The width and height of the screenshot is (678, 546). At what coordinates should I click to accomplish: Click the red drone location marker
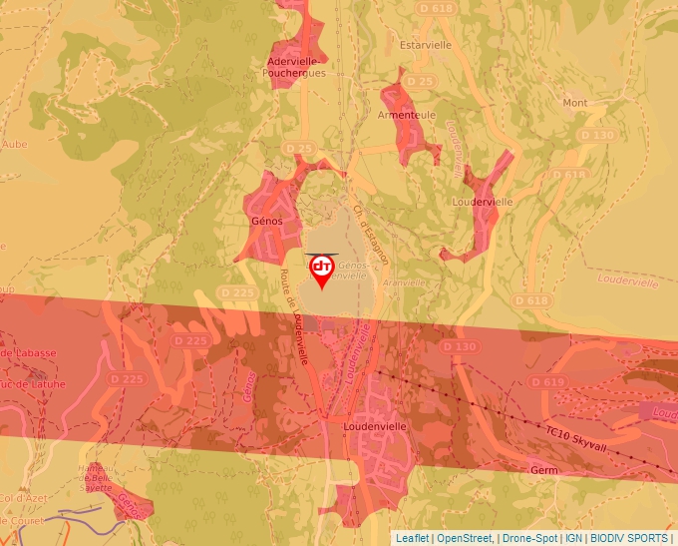(x=322, y=271)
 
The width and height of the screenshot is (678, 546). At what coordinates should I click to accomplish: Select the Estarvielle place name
(x=425, y=45)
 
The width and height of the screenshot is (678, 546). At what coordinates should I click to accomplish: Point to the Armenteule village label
(x=406, y=116)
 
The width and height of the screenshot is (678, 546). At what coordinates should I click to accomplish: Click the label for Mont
(x=575, y=103)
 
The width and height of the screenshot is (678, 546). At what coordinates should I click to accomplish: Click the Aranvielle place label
(x=403, y=282)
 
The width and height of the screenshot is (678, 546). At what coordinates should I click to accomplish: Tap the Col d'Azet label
(x=20, y=498)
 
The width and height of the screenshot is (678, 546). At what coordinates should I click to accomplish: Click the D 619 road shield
(x=547, y=381)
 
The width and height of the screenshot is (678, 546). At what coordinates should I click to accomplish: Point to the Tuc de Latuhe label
(x=32, y=384)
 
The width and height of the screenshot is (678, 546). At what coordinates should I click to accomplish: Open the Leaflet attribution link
(x=412, y=538)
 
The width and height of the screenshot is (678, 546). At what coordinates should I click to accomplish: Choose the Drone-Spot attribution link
(x=528, y=538)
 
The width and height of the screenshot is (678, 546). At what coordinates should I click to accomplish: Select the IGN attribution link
(x=573, y=538)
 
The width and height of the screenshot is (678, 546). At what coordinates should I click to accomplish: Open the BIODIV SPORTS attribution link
(x=629, y=538)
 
